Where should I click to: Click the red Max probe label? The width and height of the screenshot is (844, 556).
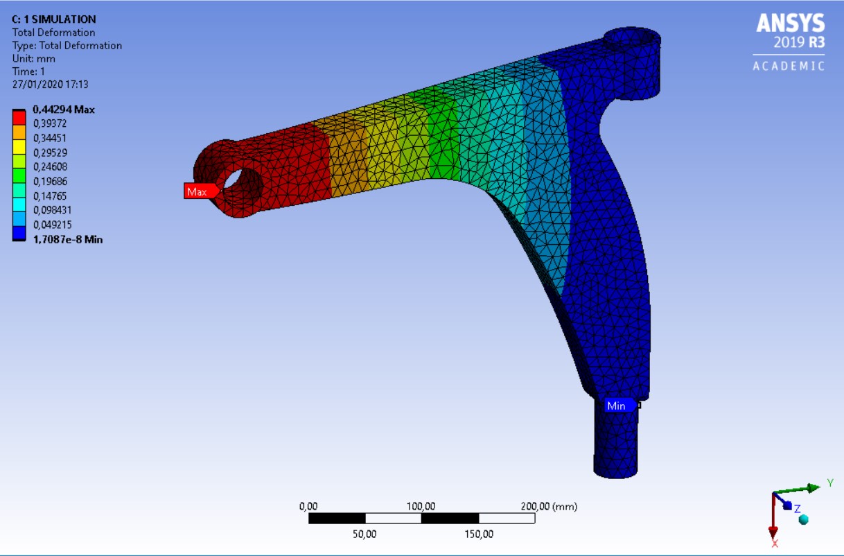coord(197,191)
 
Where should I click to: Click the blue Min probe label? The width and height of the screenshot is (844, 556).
coord(615,406)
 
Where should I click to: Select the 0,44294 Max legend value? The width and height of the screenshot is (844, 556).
coord(64,109)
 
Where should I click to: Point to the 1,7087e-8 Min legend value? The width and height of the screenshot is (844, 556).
coord(68,239)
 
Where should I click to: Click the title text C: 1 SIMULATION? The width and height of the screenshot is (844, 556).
coord(54,19)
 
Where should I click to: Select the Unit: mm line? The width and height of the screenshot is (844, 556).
coord(34,58)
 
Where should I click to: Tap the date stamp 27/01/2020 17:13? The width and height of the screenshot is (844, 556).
coord(50,85)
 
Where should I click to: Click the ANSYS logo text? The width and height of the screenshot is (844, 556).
coord(790,24)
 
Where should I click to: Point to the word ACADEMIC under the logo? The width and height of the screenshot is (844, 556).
coord(789,67)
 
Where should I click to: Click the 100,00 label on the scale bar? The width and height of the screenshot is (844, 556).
coord(421,507)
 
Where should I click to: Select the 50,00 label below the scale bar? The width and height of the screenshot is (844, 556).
coord(364,534)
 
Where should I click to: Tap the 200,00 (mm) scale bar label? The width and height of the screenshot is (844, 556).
coord(548,507)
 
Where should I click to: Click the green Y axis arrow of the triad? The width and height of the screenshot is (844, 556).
coord(811,488)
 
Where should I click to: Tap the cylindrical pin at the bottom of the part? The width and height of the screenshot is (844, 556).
coord(615,444)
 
